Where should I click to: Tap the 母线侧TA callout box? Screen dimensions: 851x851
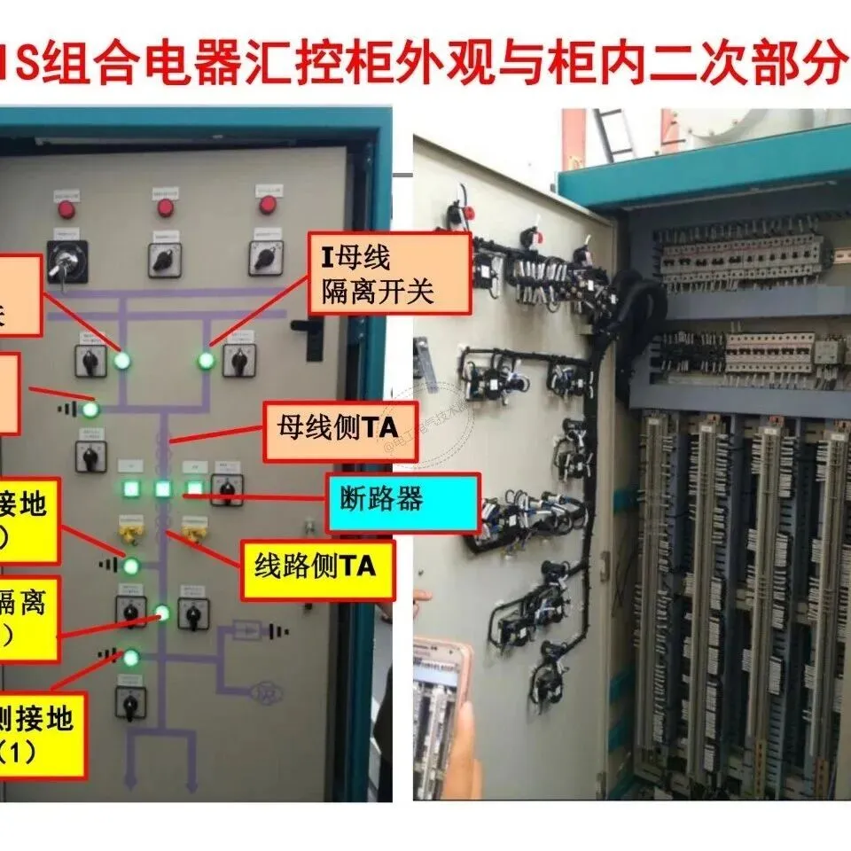coord(340,431)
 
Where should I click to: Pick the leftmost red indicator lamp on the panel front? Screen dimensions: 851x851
coord(66,210)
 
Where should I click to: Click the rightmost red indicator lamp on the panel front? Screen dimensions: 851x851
coord(268,206)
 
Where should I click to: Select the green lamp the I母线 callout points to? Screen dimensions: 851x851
coord(206,360)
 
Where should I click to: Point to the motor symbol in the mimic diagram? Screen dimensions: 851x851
coord(264,691)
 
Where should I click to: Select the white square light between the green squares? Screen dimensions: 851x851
coord(163,488)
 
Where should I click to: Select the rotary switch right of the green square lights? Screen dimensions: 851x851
coord(227,488)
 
